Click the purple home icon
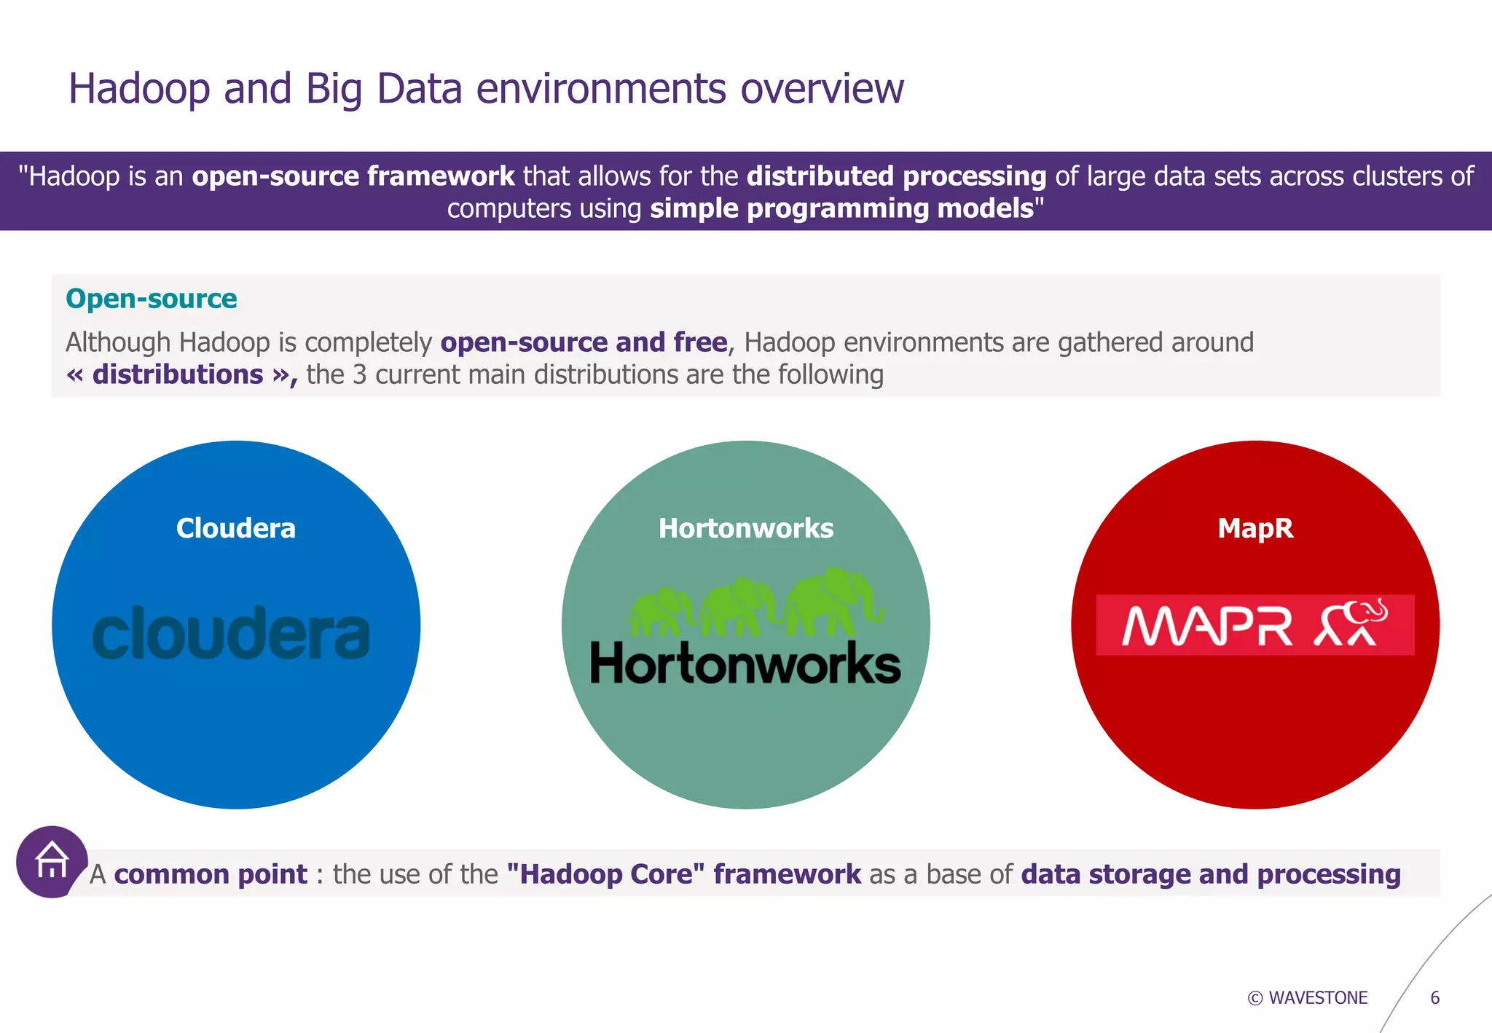[52, 861]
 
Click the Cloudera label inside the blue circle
[236, 528]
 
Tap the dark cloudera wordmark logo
[231, 634]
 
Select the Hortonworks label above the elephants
[745, 528]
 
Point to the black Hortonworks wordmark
[745, 664]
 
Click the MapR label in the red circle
[1255, 528]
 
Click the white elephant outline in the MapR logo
[1352, 623]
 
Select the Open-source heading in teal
[152, 299]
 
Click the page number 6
[1434, 997]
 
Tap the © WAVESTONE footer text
[1308, 997]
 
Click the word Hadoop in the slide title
[139, 89]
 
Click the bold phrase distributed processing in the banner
[896, 176]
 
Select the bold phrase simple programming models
[842, 208]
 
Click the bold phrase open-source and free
[584, 342]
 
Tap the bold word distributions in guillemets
[178, 374]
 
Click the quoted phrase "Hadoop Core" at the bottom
[605, 874]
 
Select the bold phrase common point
[211, 874]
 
